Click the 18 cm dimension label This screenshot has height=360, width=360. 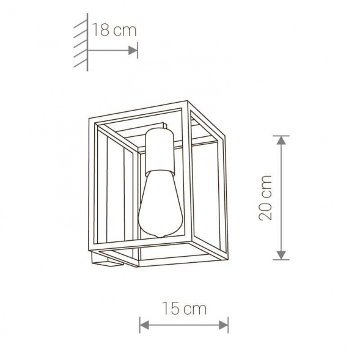point(114,31)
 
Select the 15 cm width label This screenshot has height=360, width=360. point(184,308)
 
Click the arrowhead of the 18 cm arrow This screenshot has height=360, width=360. point(133,51)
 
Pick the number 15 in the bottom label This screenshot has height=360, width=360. point(171,308)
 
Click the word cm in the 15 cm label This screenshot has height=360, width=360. point(196,308)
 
